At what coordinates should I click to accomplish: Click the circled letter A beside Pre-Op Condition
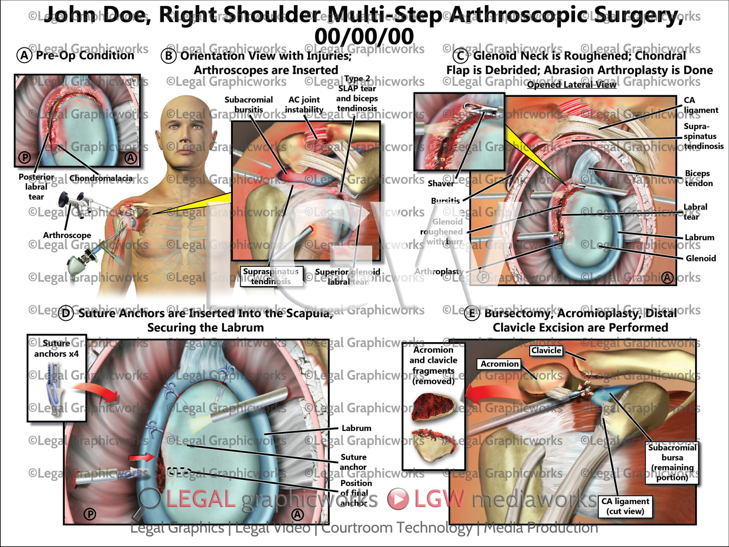[24, 55]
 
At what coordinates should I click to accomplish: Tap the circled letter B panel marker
[168, 56]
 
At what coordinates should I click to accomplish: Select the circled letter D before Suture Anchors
[66, 313]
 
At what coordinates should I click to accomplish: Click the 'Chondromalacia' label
[101, 178]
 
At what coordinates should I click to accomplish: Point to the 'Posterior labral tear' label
[36, 187]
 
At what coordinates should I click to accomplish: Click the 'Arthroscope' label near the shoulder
[67, 235]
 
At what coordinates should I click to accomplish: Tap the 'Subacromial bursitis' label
[249, 104]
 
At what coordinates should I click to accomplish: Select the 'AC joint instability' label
[304, 104]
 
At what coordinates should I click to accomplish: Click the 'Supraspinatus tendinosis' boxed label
[271, 277]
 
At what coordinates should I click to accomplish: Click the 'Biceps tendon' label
[698, 178]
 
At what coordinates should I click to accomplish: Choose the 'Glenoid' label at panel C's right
[701, 258]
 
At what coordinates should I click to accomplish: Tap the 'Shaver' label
[440, 184]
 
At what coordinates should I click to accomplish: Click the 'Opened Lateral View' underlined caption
[572, 84]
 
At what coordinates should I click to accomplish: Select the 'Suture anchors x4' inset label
[57, 349]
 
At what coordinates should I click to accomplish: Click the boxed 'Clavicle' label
[546, 350]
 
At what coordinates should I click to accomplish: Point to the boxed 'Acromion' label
[499, 364]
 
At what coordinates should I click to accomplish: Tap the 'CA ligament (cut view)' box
[625, 506]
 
